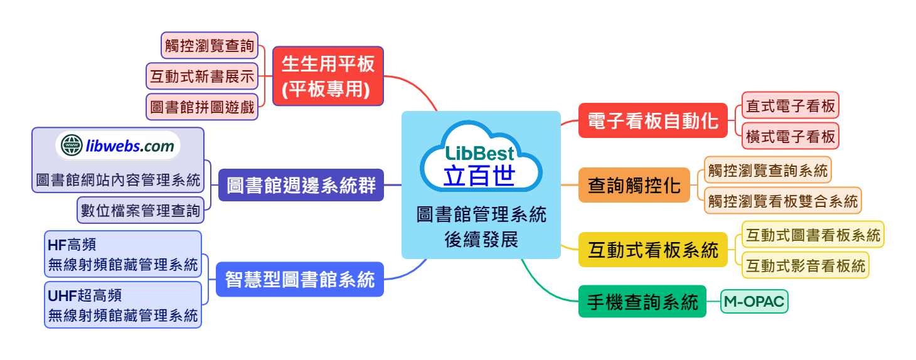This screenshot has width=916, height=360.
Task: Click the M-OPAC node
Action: pos(754,302)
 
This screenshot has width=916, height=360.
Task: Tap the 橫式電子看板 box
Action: pos(790,136)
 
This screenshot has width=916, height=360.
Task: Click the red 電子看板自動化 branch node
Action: pos(652,120)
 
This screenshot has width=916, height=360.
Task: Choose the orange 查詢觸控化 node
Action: pos(634,185)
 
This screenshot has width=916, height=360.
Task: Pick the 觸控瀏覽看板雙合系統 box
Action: pos(782,201)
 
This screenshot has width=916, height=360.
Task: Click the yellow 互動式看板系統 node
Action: pos(652,250)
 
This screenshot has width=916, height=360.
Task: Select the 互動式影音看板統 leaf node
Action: pos(805,265)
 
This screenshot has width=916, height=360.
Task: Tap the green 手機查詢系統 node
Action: pos(642,302)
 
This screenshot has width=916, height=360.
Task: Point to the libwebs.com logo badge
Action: pos(118,147)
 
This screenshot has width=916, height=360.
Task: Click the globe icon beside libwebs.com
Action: pos(71,147)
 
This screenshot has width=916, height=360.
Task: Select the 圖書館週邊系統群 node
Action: pos(301,185)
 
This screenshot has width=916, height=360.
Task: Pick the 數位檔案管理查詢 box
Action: pos(141,210)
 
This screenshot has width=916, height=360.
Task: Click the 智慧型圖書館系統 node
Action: pos(300,279)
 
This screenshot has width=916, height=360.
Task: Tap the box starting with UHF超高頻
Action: pos(123,304)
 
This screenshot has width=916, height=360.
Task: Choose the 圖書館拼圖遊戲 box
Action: pos(202,107)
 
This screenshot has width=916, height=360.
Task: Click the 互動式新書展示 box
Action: pos(202,77)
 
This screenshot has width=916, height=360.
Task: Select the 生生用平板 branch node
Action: pos(328,76)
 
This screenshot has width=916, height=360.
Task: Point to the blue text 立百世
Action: pos(479,176)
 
